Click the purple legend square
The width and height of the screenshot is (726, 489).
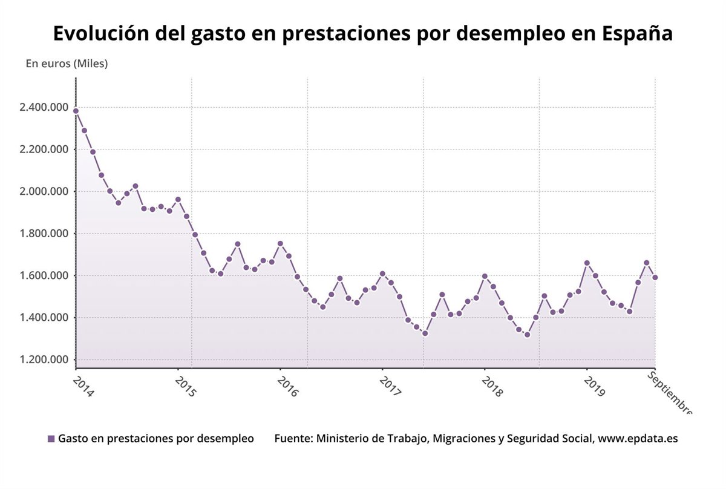(51, 439)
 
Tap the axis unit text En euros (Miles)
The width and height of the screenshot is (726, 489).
(67, 64)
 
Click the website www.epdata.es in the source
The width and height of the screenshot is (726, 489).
(638, 439)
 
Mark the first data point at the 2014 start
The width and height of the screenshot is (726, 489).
(76, 111)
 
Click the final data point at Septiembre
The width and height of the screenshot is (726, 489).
(655, 277)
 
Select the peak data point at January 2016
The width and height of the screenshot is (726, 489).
(280, 243)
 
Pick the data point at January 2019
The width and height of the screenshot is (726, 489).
(586, 263)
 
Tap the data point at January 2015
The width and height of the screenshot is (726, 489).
(178, 199)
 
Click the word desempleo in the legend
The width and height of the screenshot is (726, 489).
(226, 439)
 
